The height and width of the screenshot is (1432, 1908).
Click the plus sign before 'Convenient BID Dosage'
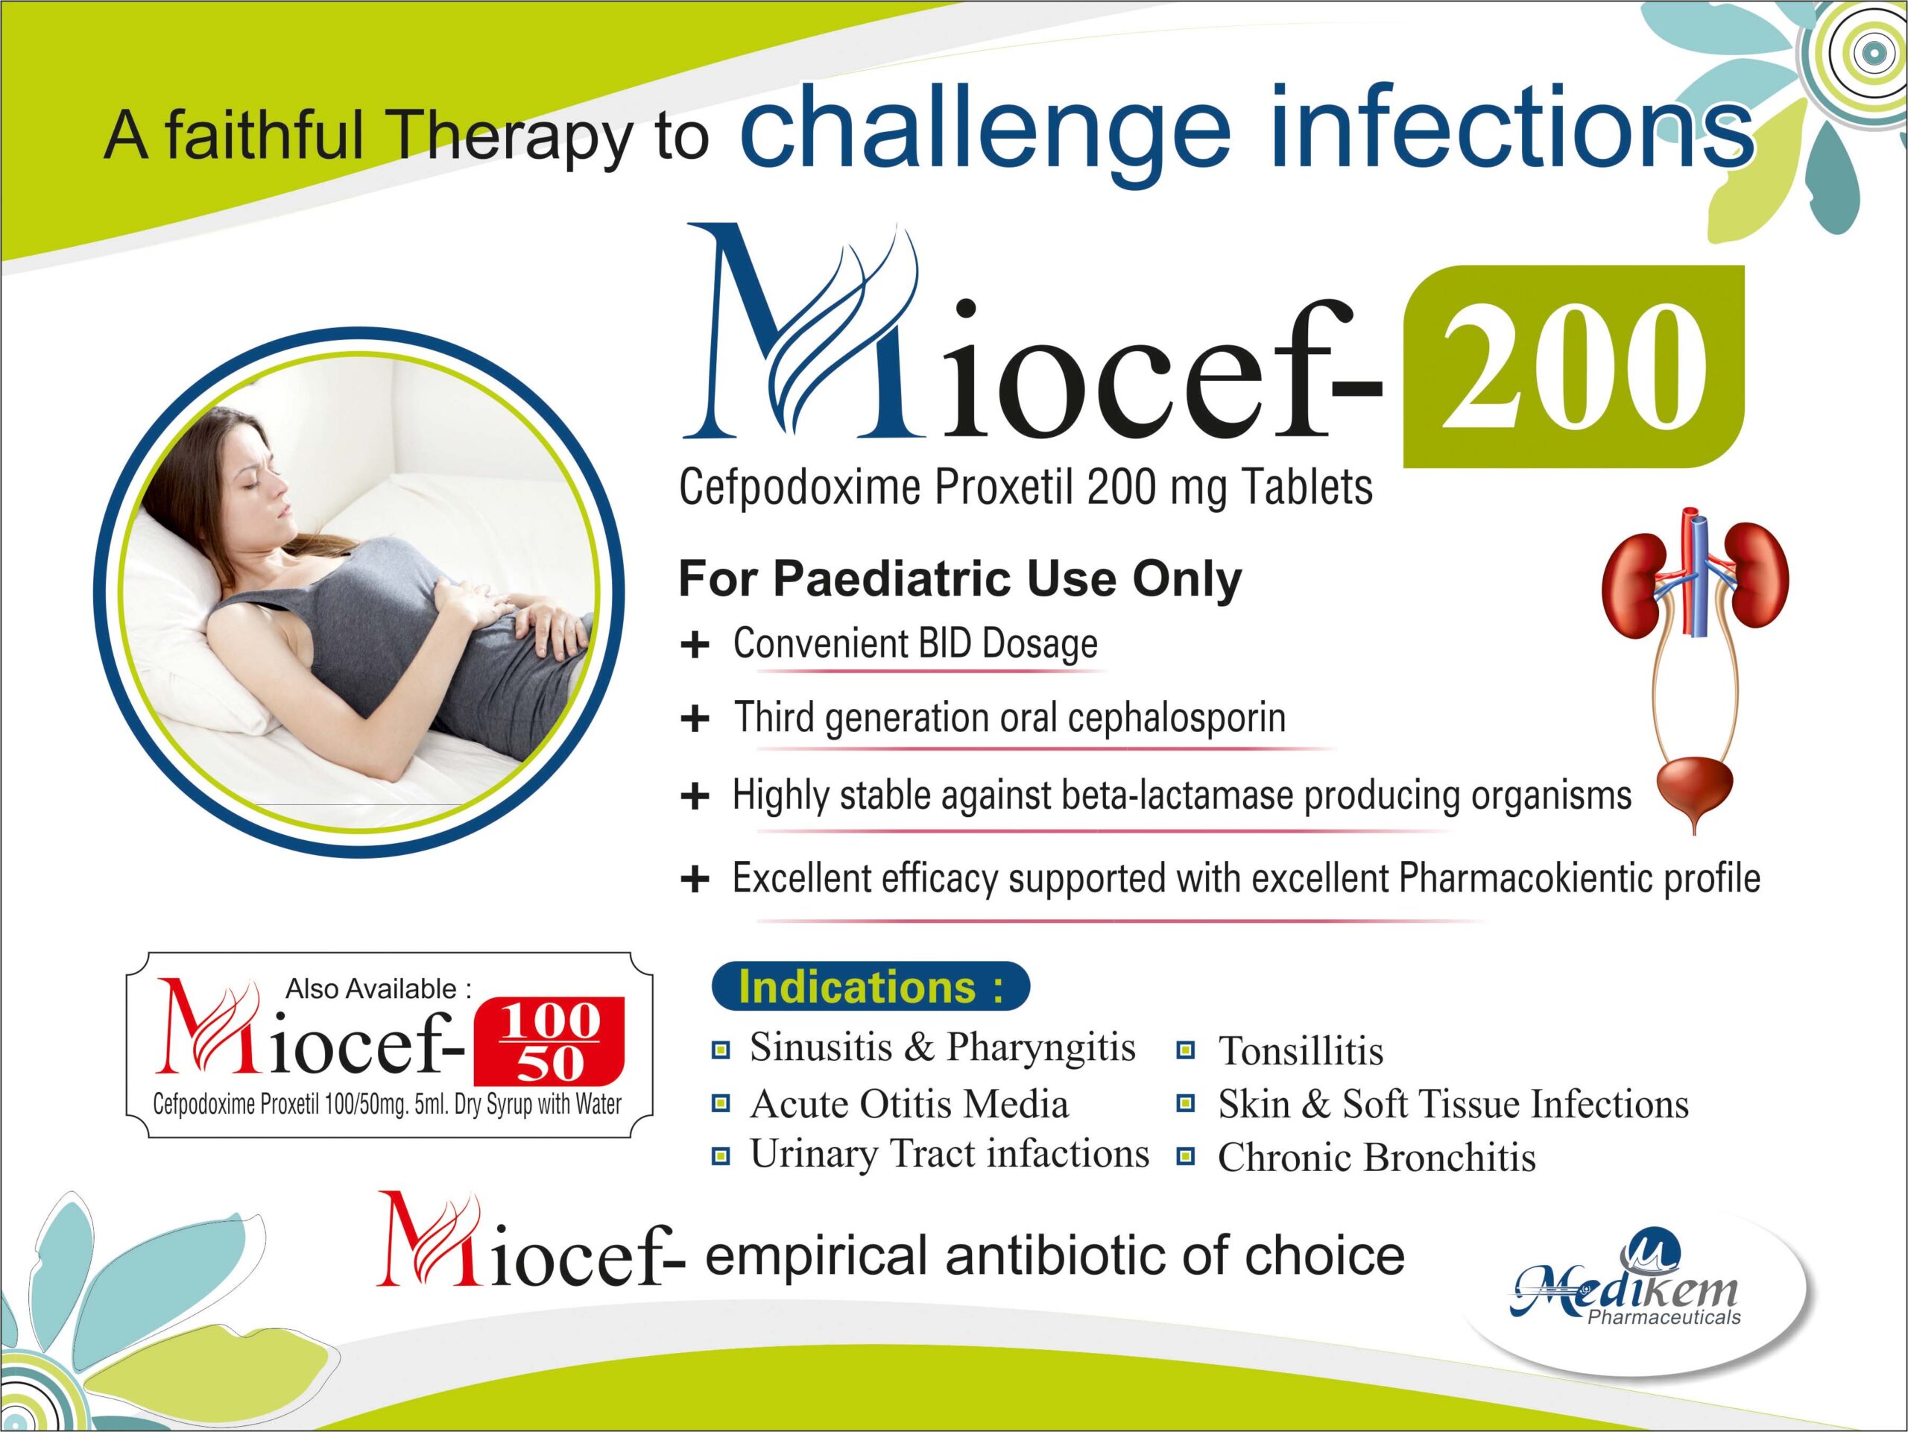click(695, 646)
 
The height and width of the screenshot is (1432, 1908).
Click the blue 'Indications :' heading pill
click(870, 987)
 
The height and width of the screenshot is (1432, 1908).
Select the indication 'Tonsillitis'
click(1300, 1052)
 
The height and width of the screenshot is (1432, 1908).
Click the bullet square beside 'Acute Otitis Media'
click(720, 1103)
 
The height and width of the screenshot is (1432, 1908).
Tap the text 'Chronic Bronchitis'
click(1376, 1158)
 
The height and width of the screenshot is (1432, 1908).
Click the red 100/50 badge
click(549, 1041)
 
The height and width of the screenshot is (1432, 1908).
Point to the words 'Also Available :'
click(378, 988)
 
